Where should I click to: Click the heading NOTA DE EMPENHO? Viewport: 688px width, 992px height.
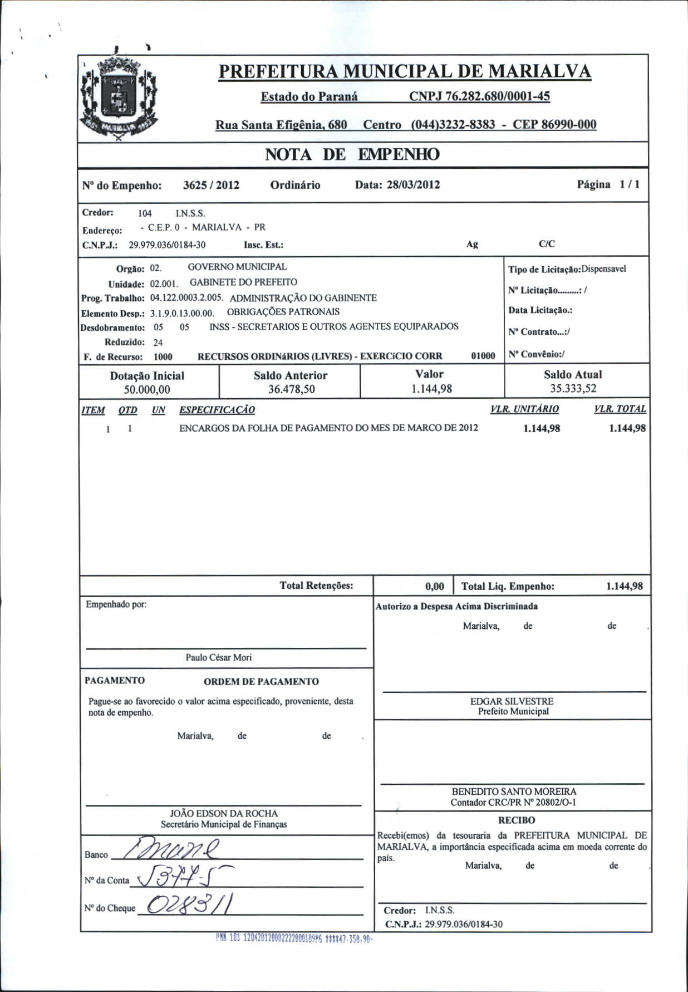point(352,154)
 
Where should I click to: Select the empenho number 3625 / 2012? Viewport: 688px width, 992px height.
point(211,185)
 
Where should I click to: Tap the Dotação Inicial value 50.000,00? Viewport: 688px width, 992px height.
point(147,389)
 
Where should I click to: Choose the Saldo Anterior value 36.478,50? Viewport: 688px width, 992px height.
point(291,389)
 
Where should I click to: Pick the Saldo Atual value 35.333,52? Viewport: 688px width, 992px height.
point(573,388)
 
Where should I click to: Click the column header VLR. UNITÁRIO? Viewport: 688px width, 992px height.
point(524,409)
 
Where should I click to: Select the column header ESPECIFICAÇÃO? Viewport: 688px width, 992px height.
point(217,410)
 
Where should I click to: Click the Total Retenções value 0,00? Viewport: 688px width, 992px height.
point(434,586)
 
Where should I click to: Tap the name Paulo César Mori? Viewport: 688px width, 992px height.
point(219,657)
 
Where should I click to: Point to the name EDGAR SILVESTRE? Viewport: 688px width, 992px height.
point(512,701)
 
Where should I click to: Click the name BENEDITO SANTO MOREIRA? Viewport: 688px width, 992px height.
point(514,791)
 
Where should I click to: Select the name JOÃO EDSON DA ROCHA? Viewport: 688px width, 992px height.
point(224,813)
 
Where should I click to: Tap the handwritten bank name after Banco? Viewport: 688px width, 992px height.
point(173,850)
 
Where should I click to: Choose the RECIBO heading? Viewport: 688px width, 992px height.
point(516,820)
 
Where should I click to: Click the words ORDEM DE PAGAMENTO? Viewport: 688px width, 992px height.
point(261,681)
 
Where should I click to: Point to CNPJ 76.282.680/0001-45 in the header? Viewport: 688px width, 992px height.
point(479,96)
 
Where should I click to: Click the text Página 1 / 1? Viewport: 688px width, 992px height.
point(608,184)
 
